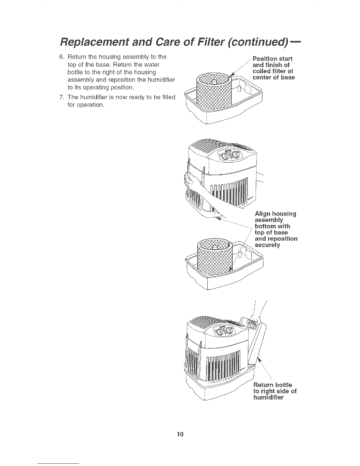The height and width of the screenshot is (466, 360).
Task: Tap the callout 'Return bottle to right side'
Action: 274,391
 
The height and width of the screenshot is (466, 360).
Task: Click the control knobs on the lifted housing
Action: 231,155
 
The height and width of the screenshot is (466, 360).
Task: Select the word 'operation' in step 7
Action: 86,105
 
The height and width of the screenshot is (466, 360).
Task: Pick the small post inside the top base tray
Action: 239,88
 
